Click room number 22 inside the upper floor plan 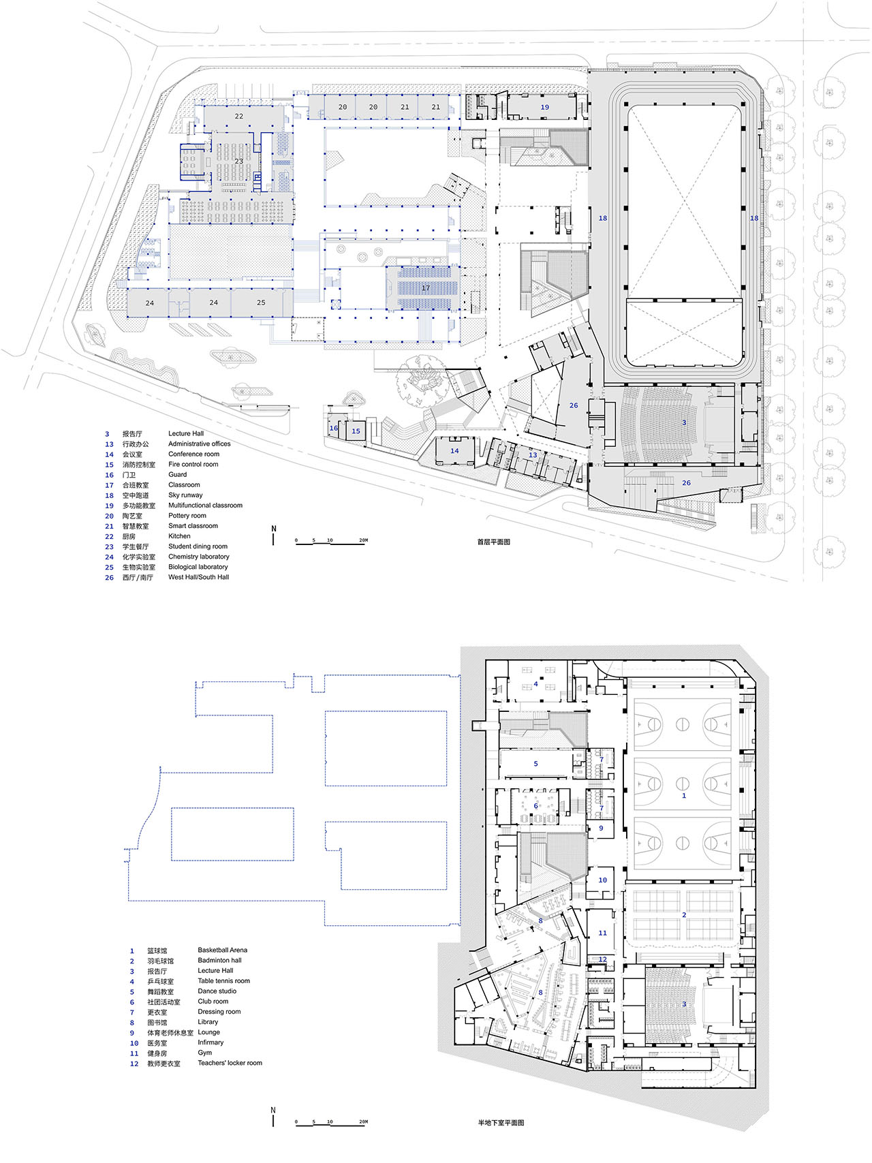239,117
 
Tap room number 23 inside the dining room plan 239,161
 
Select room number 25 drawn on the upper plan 261,303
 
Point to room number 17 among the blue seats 426,288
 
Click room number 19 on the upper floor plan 544,108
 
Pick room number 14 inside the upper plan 454,451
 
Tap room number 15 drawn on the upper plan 356,431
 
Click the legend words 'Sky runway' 185,495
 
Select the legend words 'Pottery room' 187,516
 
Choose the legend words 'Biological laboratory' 198,567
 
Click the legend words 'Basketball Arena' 223,950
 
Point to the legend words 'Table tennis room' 224,981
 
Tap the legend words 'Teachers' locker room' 230,1063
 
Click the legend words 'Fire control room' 193,465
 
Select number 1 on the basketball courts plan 684,796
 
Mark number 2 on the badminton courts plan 684,915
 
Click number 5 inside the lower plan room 535,764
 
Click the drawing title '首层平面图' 493,542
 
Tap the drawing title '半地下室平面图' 501,1123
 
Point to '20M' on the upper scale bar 363,540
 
